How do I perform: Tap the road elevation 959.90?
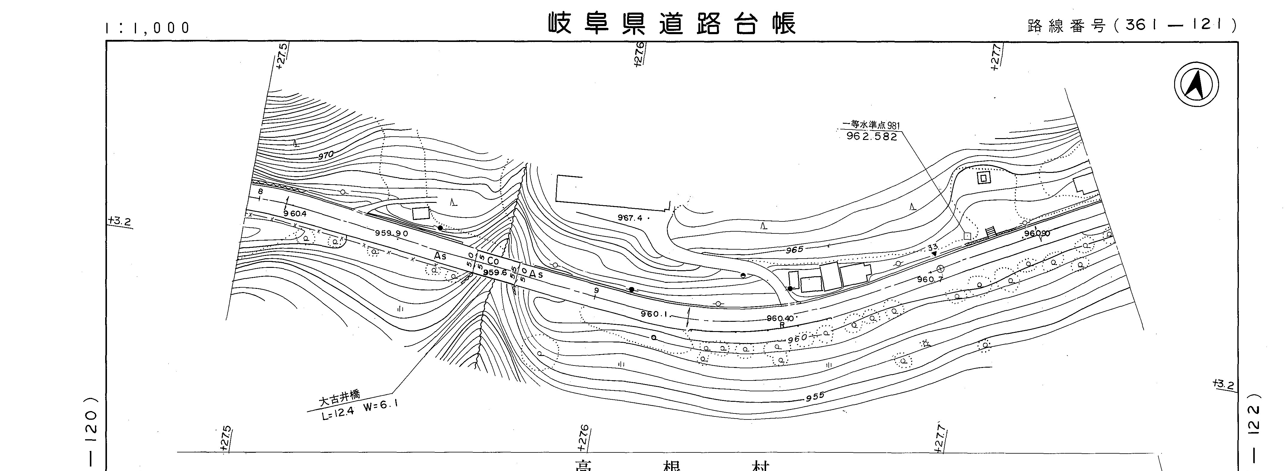click(392, 233)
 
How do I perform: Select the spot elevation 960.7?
click(930, 279)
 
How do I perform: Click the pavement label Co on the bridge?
click(493, 261)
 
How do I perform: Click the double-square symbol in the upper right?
click(984, 177)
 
